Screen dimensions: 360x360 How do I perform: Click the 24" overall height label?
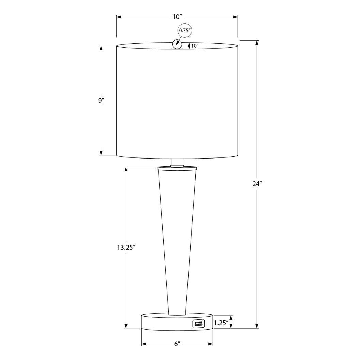pyautogui.click(x=257, y=184)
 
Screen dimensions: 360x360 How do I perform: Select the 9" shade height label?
pyautogui.click(x=101, y=101)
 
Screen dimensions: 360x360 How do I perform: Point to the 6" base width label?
pyautogui.click(x=177, y=344)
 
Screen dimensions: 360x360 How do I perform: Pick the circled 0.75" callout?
pyautogui.click(x=185, y=30)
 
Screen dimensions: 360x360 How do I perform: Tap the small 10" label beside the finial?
pyautogui.click(x=195, y=46)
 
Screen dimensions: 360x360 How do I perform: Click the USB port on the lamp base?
pyautogui.click(x=198, y=323)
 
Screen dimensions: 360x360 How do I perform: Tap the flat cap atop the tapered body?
pyautogui.click(x=177, y=168)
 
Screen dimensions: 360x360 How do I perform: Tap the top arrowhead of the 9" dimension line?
pyautogui.click(x=101, y=48)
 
